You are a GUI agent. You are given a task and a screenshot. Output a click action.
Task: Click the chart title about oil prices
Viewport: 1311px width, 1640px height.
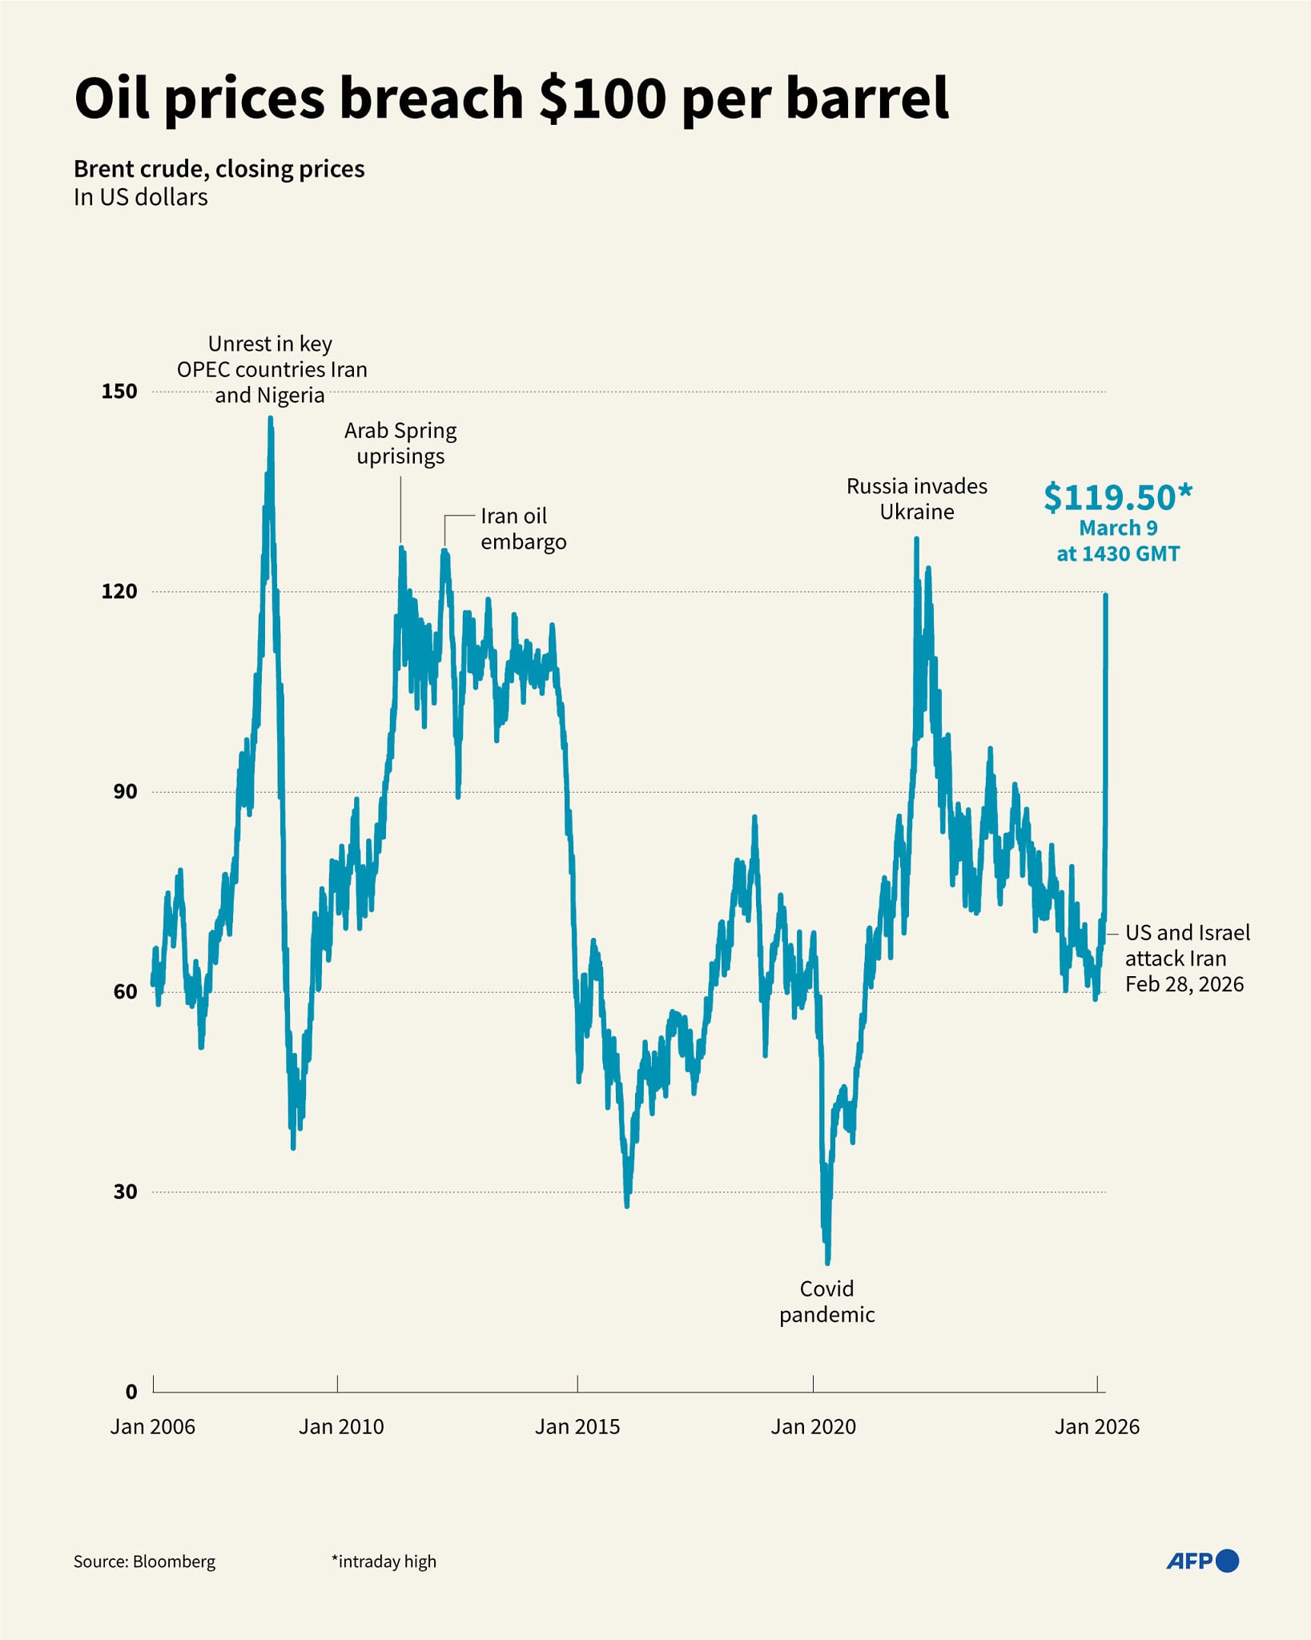(511, 98)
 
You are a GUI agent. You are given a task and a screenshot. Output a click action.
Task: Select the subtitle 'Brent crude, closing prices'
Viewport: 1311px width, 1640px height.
(219, 169)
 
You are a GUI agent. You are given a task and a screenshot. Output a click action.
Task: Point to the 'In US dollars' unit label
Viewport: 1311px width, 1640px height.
(140, 197)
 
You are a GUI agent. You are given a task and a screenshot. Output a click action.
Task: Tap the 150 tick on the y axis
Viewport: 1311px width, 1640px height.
(119, 392)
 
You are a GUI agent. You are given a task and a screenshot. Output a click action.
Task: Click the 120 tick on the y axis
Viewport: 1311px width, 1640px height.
(119, 591)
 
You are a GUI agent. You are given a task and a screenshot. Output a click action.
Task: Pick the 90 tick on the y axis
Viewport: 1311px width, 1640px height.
(125, 791)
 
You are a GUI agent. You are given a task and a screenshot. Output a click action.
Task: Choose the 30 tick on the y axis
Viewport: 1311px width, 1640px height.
(125, 1192)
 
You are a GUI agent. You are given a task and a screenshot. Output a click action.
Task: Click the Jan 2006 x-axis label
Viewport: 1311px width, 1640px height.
(153, 1426)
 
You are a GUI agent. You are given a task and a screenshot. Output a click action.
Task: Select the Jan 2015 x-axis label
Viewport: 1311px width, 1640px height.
(577, 1426)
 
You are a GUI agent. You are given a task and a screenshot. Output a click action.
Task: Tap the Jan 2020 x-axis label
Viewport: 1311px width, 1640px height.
(813, 1426)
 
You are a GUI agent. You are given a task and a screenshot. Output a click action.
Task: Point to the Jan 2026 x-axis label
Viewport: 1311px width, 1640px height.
(1096, 1426)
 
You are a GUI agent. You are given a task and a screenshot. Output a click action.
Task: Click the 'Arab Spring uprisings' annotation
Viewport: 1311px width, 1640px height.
(400, 443)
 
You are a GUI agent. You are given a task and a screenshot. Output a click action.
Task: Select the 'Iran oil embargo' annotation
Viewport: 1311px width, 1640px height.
(523, 529)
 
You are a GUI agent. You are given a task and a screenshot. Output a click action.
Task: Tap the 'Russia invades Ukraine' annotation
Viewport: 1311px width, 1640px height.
(917, 499)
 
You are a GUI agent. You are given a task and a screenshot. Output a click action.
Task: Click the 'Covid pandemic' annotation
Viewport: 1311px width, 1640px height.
(826, 1301)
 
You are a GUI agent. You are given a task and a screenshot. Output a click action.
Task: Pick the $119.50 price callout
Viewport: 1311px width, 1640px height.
(1118, 498)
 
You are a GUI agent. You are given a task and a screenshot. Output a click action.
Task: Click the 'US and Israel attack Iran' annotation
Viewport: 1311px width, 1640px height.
(1187, 958)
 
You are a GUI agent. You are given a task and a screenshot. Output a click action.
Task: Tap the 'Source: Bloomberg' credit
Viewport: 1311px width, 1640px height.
(144, 1562)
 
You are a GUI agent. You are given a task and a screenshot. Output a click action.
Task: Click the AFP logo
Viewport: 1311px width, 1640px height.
(1202, 1561)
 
